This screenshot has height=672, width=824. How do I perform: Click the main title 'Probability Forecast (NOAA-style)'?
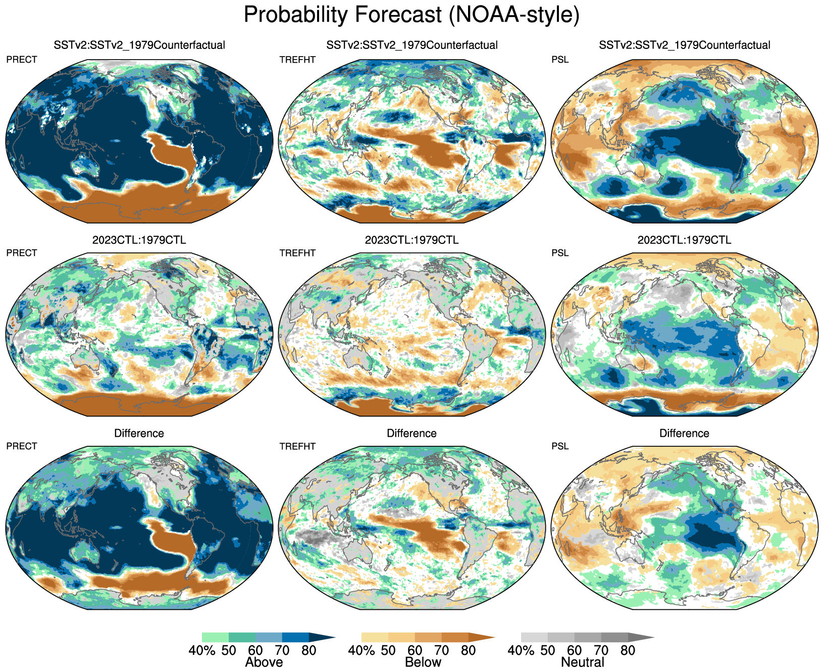411,15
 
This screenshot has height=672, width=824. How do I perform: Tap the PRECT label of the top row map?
22,60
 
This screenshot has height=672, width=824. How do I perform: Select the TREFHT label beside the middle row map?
297,253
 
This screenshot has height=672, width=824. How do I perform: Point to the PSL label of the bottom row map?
560,446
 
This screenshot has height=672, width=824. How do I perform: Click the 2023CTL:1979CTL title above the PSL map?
684,240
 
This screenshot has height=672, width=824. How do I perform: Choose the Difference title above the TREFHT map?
411,433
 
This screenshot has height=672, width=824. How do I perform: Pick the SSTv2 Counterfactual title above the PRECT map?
139,45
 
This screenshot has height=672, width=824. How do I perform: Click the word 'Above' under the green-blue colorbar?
264,662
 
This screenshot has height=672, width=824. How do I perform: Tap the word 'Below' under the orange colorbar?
423,662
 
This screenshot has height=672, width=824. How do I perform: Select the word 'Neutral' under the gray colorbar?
583,662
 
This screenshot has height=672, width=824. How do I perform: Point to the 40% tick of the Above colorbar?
202,650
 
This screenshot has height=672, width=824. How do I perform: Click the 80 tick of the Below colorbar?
468,650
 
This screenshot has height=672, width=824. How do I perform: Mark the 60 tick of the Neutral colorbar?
574,650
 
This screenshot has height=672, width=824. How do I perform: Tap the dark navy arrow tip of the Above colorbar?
322,637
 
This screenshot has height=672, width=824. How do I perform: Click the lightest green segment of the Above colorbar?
215,637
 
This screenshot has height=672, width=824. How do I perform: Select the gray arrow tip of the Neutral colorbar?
641,637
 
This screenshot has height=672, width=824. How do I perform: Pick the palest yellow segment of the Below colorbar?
375,637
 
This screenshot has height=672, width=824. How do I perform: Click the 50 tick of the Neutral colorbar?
548,650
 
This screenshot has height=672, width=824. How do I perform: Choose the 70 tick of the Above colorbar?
282,650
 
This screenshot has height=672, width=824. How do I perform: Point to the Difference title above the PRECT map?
139,433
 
